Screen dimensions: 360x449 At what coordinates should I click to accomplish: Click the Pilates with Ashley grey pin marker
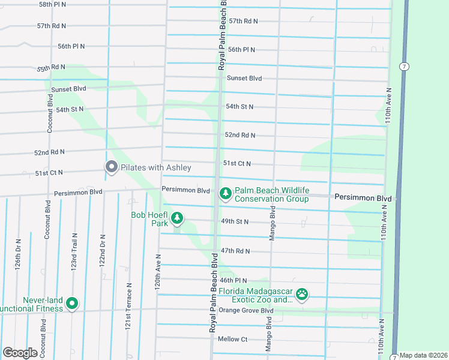pyautogui.click(x=111, y=168)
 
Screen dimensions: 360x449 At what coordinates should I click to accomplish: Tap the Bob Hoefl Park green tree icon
pyautogui.click(x=176, y=218)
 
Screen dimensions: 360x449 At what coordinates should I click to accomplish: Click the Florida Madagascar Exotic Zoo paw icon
pyautogui.click(x=303, y=295)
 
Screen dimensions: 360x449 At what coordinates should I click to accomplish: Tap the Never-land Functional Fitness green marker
pyautogui.click(x=72, y=304)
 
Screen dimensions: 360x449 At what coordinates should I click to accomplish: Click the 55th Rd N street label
pyautogui.click(x=51, y=68)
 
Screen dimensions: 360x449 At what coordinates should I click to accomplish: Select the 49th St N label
pyautogui.click(x=235, y=221)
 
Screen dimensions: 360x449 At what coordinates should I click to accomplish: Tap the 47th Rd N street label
pyautogui.click(x=235, y=251)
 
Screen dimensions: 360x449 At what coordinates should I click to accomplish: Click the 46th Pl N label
pyautogui.click(x=234, y=280)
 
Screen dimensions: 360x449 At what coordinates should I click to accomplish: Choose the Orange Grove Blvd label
pyautogui.click(x=246, y=310)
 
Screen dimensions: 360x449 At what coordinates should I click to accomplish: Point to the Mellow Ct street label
pyautogui.click(x=233, y=339)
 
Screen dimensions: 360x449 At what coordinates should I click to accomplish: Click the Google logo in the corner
pyautogui.click(x=20, y=353)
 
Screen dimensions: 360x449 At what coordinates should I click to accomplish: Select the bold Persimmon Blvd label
pyautogui.click(x=363, y=197)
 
